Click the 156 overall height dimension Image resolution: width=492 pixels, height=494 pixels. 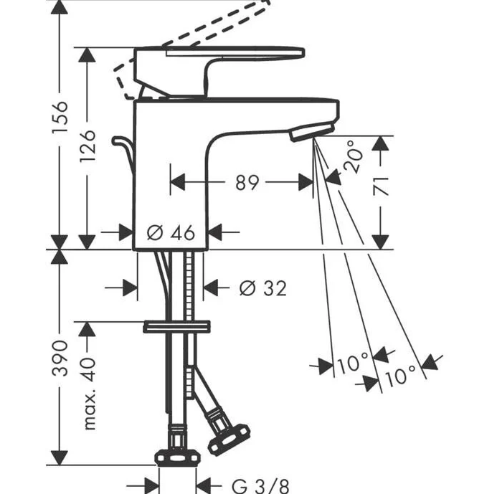tap(60, 117)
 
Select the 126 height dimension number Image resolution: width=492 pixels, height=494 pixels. tap(87, 146)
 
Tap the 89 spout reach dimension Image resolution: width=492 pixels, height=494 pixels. tap(247, 182)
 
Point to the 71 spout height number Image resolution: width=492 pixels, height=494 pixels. tap(381, 186)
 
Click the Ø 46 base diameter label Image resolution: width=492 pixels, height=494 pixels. tap(171, 233)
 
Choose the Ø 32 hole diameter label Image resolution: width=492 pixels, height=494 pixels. tap(263, 288)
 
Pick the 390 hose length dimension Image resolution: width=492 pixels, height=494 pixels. tap(60, 358)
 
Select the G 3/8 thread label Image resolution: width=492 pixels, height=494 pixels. tap(260, 486)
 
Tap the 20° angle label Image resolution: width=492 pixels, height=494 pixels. tap(353, 156)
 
